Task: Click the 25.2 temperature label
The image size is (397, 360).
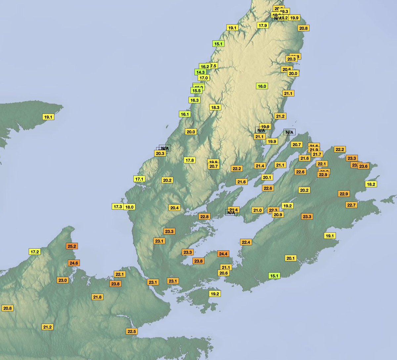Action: point(72,246)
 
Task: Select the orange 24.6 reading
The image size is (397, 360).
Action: point(74,263)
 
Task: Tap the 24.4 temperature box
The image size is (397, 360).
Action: point(223,254)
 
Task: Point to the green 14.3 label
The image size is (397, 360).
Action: point(200,72)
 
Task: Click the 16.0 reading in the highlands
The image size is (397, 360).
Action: point(262,86)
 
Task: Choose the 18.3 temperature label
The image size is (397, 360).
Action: point(215,107)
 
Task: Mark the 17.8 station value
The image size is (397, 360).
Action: point(190,160)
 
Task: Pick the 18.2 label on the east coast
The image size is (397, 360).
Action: point(371,184)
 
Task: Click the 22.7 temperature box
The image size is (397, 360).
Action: point(351,205)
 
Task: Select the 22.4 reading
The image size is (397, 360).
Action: point(246,242)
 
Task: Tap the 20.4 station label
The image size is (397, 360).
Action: point(174,208)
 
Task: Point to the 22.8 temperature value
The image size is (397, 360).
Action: point(204,217)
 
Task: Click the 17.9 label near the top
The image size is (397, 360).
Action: point(263,25)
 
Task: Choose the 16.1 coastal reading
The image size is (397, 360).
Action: point(185,114)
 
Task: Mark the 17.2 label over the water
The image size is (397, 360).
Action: point(35,252)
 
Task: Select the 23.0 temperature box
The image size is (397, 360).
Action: point(63,280)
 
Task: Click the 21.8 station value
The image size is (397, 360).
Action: point(97,297)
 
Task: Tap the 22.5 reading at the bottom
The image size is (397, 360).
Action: point(131,331)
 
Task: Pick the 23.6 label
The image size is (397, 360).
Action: point(363,166)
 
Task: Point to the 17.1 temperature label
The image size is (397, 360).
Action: point(139,179)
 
